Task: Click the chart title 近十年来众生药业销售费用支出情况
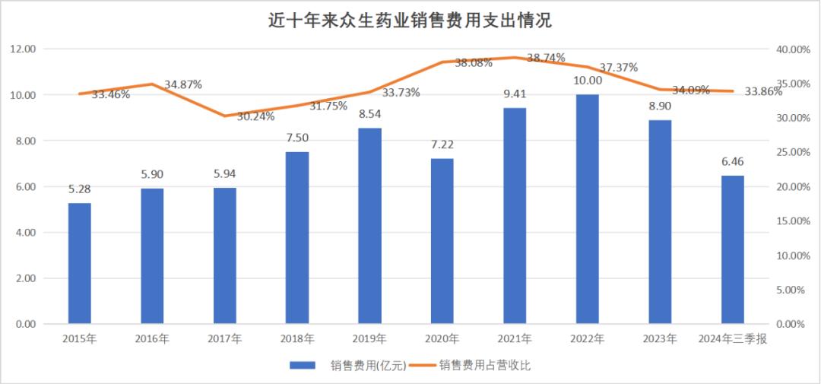pos(410,21)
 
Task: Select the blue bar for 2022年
pos(588,209)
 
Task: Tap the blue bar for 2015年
pos(80,263)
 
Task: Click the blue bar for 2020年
pos(442,241)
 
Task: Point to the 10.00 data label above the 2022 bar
pos(588,81)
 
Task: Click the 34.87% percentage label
pos(182,84)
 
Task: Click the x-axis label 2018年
pos(297,338)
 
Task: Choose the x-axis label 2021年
pos(515,338)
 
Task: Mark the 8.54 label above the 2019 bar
pos(370,114)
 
